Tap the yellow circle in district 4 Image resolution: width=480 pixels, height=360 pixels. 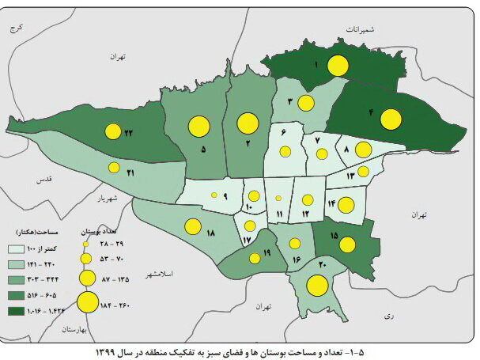pyautogui.click(x=390, y=119)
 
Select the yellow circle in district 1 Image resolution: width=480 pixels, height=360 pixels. pyautogui.click(x=339, y=66)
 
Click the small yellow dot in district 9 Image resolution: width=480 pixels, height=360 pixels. pyautogui.click(x=214, y=195)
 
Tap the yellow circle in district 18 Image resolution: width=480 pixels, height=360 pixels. pyautogui.click(x=192, y=226)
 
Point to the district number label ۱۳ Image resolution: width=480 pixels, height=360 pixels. pyautogui.click(x=351, y=175)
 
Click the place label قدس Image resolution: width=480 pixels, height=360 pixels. pyautogui.click(x=44, y=180)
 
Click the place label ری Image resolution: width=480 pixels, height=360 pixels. pyautogui.click(x=388, y=314)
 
